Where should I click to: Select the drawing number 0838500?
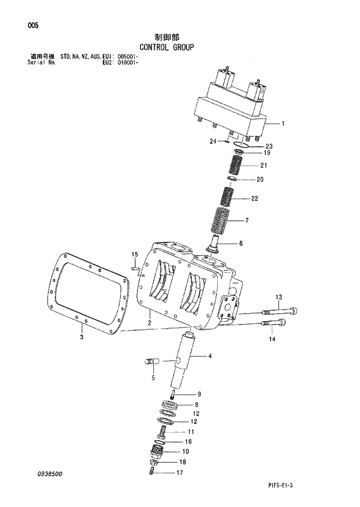tap(48, 474)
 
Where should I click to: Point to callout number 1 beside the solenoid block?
tap(282, 123)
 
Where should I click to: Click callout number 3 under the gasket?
tap(81, 337)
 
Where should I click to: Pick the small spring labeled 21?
tap(236, 167)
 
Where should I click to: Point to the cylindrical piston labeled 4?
tap(184, 360)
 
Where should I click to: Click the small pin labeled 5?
tap(151, 362)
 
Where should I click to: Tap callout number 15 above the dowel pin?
tap(134, 254)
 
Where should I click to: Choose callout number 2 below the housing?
tap(149, 323)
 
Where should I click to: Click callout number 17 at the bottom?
tap(180, 473)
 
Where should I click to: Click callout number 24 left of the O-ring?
tap(213, 141)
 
